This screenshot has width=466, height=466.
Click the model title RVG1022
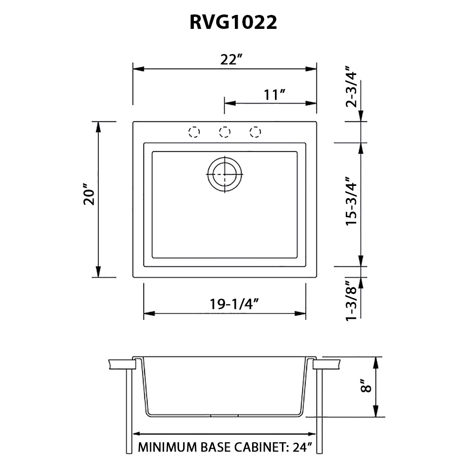click(x=233, y=22)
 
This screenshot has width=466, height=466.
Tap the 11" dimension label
click(x=274, y=95)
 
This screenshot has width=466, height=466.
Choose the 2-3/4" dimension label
click(x=352, y=90)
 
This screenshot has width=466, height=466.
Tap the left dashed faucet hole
click(x=194, y=132)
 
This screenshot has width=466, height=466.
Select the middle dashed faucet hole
click(x=225, y=132)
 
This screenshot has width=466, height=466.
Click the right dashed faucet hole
click(x=255, y=132)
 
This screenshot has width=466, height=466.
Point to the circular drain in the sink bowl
click(x=225, y=174)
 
